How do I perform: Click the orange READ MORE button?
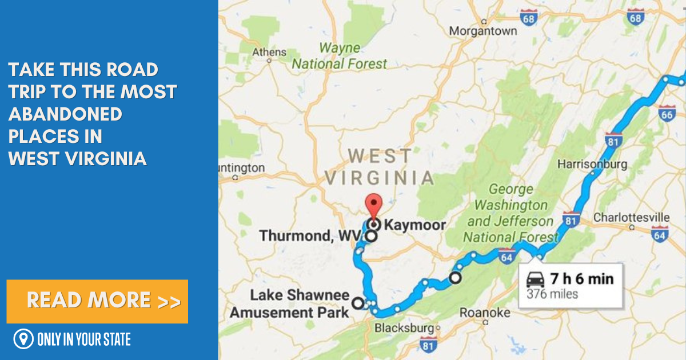click(97, 301)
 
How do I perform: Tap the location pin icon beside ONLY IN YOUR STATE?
click(23, 339)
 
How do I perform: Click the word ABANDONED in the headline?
click(65, 114)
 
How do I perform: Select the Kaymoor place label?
click(414, 225)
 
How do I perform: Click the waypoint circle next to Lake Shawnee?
click(358, 303)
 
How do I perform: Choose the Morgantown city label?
click(483, 31)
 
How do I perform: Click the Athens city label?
click(269, 53)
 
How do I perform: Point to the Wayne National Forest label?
click(340, 56)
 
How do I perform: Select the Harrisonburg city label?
click(592, 164)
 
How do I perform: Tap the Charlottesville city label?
click(631, 217)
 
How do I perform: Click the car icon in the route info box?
click(535, 280)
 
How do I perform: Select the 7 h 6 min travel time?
click(581, 279)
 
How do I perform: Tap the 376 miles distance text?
click(552, 295)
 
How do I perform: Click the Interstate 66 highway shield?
click(667, 113)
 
